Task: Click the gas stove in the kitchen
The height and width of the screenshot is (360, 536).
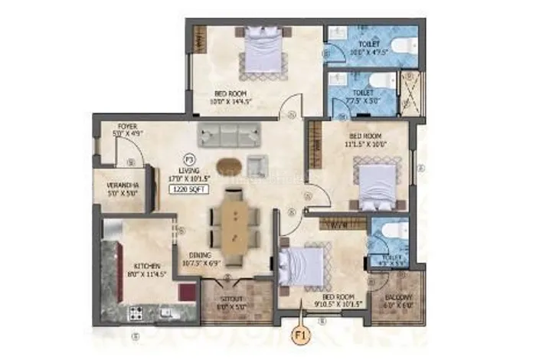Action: [x=138, y=313]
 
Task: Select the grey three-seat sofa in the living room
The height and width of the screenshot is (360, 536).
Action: [x=227, y=135]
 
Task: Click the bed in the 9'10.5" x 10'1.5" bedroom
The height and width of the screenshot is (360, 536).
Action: [x=301, y=268]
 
